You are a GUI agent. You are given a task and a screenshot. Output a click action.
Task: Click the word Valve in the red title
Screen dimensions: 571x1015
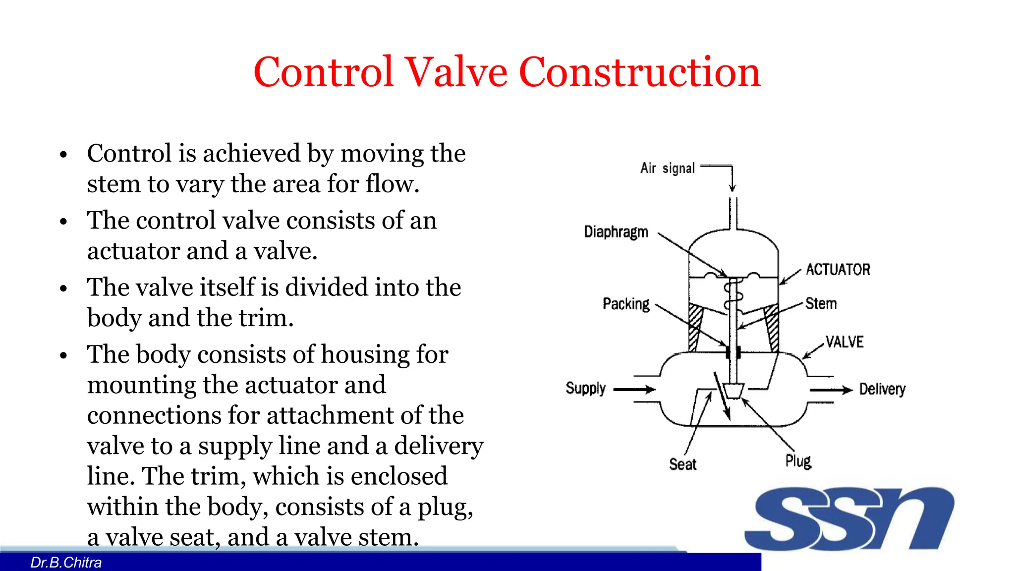tap(456, 72)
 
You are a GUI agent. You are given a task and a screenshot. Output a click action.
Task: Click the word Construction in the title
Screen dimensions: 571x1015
tap(639, 72)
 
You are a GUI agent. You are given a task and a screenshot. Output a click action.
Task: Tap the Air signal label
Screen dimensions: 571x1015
tap(667, 169)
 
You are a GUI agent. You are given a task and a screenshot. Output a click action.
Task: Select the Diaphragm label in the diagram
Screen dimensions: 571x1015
tap(616, 232)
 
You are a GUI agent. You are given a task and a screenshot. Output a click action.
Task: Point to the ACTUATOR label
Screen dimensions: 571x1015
tap(838, 270)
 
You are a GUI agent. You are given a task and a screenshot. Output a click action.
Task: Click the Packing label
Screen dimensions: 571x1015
tap(625, 304)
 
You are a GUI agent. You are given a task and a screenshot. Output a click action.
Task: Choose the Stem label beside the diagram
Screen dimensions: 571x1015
tap(821, 303)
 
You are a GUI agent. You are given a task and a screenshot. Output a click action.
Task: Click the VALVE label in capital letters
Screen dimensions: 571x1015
tap(844, 342)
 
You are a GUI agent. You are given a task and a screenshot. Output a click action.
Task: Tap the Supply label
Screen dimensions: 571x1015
tap(585, 388)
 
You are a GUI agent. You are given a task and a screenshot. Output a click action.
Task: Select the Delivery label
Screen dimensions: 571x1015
tap(882, 389)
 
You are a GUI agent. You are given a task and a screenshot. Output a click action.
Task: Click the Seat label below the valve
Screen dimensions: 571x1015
tap(682, 464)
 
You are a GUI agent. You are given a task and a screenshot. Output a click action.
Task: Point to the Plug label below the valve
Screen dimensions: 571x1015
tap(798, 461)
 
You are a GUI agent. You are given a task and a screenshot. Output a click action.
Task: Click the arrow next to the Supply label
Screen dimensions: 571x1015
tap(634, 390)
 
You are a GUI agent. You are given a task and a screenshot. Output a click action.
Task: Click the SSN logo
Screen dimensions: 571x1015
tap(849, 518)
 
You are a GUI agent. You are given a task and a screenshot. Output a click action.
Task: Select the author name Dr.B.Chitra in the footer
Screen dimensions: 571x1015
tap(66, 563)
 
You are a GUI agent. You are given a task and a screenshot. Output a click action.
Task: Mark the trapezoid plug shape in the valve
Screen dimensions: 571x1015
tap(733, 391)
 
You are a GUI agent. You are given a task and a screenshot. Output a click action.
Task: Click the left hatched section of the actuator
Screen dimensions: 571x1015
tap(695, 327)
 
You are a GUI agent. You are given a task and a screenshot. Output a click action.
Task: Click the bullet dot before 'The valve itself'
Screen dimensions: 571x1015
tap(63, 288)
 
